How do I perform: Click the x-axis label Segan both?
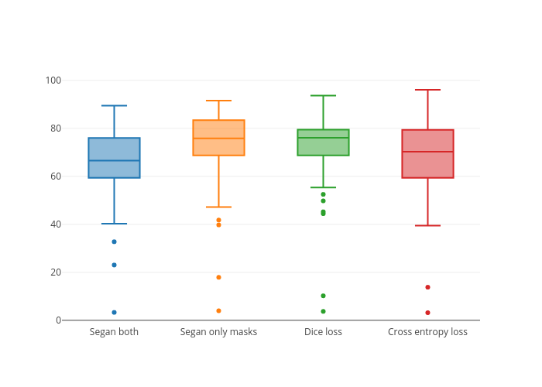coord(114,332)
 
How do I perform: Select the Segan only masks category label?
coord(218,332)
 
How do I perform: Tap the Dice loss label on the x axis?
coord(323,332)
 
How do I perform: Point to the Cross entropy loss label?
coord(427,332)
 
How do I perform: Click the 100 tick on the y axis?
coord(53,80)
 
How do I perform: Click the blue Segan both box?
coord(114,158)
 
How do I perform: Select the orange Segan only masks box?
coord(218,138)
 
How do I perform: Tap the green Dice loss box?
coord(323,142)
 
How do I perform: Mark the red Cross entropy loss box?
coord(427,154)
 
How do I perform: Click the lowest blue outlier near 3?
coord(114,313)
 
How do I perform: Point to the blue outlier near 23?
coord(114,265)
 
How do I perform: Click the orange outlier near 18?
coord(218,277)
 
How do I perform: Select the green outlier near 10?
coord(323,296)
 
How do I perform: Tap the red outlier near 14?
coord(427,287)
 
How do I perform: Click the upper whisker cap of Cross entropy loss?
coord(427,90)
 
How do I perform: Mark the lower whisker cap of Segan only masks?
coord(218,207)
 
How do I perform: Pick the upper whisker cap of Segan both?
coord(114,105)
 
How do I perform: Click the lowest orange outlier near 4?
coord(218,310)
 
